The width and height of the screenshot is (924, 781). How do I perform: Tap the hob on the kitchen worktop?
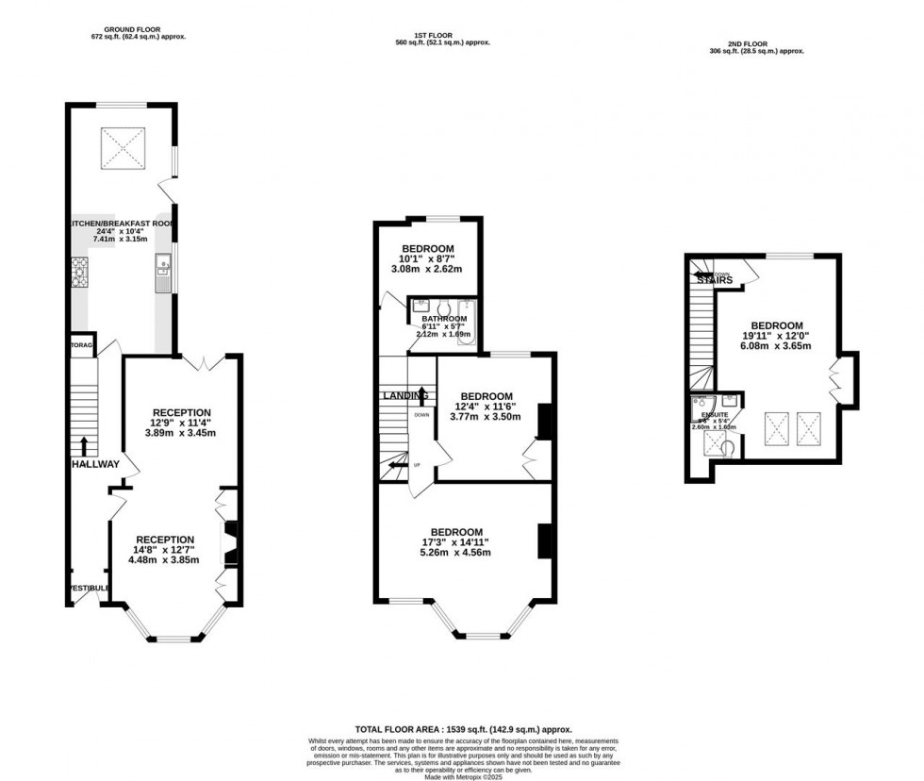point(78,274)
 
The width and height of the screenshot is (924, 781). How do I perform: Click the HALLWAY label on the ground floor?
point(95,464)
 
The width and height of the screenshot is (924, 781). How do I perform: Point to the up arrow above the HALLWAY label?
point(86,446)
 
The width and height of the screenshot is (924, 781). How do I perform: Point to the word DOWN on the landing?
point(421,415)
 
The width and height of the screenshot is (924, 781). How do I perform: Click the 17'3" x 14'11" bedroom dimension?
point(456,542)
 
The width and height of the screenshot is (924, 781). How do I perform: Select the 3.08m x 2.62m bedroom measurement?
point(427,268)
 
